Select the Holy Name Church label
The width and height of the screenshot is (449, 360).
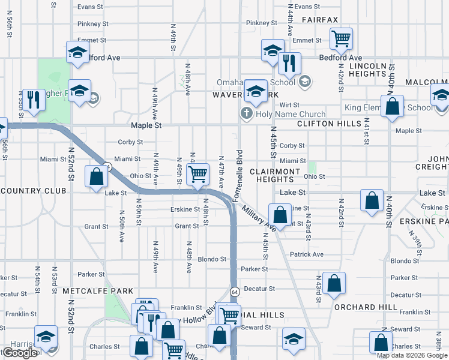(x=291, y=114)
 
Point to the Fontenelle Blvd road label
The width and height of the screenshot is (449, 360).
(x=239, y=175)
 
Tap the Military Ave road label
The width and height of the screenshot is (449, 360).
(x=259, y=220)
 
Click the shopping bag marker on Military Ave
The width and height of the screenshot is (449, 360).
(x=280, y=215)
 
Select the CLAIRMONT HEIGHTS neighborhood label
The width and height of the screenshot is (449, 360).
(x=278, y=175)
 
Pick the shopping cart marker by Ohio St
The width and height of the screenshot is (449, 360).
(x=197, y=175)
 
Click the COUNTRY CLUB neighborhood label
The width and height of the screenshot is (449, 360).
(x=33, y=191)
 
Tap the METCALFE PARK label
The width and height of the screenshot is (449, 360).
(x=97, y=291)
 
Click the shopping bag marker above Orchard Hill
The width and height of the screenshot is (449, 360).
(x=334, y=284)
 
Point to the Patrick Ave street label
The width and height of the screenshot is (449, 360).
(x=306, y=254)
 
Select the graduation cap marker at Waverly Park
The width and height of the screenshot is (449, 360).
(x=256, y=91)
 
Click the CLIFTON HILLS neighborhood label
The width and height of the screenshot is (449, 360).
(x=329, y=124)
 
